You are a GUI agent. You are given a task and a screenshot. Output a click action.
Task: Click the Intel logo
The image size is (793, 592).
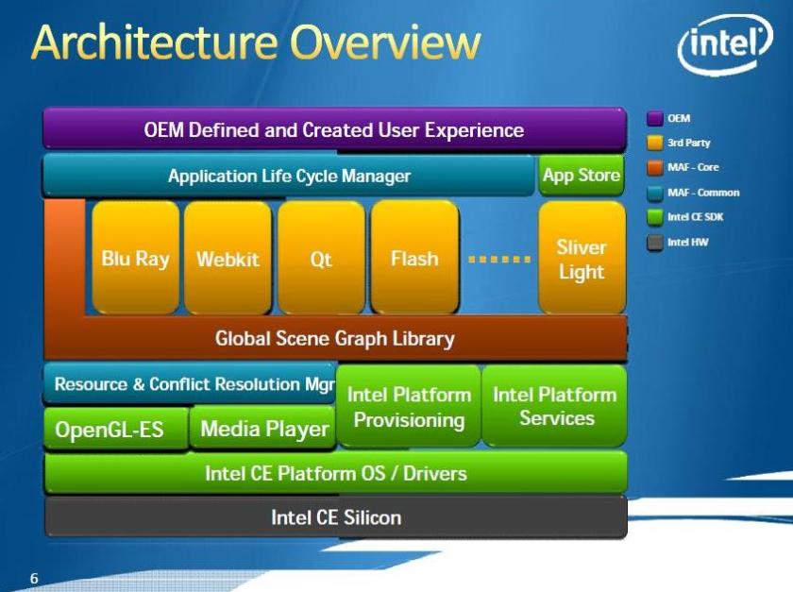point(725,44)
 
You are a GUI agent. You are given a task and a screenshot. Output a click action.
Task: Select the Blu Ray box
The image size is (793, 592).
point(136,258)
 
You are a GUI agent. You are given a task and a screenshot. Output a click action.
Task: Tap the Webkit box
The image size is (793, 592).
point(228,258)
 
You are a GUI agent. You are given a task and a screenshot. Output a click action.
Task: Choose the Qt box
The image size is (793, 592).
point(321,258)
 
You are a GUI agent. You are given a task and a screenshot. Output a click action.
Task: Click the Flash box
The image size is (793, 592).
point(414,258)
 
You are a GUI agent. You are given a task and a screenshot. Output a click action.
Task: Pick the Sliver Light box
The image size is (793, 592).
point(582,258)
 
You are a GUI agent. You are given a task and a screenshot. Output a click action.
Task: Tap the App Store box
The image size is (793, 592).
point(582,176)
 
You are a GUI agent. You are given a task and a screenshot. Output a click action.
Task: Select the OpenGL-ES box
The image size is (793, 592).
point(116,429)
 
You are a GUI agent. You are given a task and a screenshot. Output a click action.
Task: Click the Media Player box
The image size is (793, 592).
point(263,428)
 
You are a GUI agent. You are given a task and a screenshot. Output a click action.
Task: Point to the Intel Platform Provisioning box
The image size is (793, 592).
point(409,406)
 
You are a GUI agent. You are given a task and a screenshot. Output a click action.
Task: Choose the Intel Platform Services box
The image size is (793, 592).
point(555,406)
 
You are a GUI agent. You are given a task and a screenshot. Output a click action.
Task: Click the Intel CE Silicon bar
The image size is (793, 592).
point(336,517)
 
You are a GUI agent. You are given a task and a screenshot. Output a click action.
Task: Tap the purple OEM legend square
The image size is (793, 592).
point(655,118)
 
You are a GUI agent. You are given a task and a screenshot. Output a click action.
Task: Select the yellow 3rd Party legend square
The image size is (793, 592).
point(655,143)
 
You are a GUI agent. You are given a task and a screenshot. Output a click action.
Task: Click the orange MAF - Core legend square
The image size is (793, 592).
point(655,167)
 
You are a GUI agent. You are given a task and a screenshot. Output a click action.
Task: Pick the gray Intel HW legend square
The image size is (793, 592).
point(655,243)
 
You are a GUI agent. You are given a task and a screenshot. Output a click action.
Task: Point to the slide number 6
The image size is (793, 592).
point(34,578)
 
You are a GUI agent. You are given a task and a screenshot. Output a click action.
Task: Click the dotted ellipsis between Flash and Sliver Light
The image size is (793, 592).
point(499,260)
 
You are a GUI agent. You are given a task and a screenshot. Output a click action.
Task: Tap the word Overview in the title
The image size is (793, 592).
point(385,42)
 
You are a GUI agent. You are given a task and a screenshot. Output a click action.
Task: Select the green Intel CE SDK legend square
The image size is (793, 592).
point(655,217)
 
